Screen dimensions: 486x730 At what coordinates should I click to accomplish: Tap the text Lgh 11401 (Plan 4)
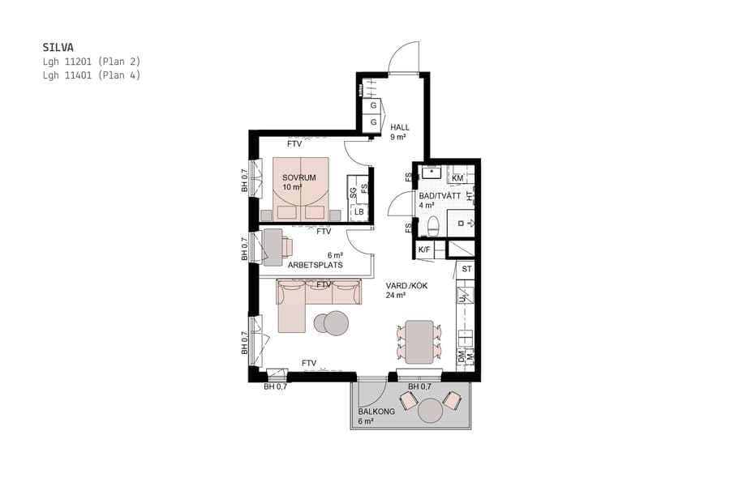click(x=92, y=75)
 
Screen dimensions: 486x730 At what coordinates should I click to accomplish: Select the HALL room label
click(x=400, y=127)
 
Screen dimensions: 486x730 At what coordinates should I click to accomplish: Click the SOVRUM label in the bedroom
click(x=298, y=177)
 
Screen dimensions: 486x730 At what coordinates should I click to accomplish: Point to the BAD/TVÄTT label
click(x=439, y=195)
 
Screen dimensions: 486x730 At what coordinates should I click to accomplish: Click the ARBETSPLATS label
click(x=315, y=264)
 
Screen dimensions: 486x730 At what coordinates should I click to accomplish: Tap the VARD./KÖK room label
click(x=406, y=286)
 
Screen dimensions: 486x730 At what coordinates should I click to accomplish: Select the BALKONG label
click(x=376, y=411)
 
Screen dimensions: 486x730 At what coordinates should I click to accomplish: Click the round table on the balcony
click(x=430, y=411)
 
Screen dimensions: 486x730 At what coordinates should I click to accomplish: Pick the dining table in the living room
click(x=419, y=342)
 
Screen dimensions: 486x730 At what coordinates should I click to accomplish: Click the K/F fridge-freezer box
click(x=424, y=250)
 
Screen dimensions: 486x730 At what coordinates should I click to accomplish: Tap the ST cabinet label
click(x=466, y=268)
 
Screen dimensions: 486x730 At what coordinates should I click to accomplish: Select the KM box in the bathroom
click(x=457, y=177)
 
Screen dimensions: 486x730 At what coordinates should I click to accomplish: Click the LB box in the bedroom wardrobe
click(x=359, y=212)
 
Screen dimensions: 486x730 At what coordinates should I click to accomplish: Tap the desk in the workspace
click(x=273, y=246)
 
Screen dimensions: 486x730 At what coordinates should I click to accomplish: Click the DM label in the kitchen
click(x=461, y=356)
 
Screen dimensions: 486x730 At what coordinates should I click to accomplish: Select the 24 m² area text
click(x=396, y=296)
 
